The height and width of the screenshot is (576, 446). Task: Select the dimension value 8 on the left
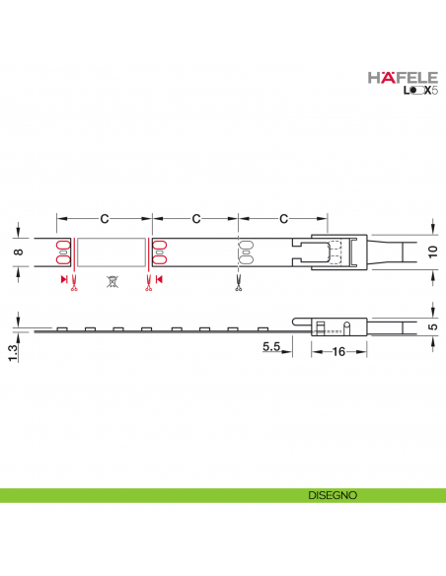[x=17, y=252]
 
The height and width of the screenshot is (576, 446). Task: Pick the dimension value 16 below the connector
[x=339, y=352]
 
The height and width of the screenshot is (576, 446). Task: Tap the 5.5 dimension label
[x=273, y=347]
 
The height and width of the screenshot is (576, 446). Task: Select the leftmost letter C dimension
[x=103, y=216]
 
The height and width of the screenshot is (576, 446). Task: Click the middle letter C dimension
[x=195, y=216]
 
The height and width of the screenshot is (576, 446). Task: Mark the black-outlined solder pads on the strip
[x=242, y=252]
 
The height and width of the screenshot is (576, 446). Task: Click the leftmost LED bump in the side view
[x=61, y=328]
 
